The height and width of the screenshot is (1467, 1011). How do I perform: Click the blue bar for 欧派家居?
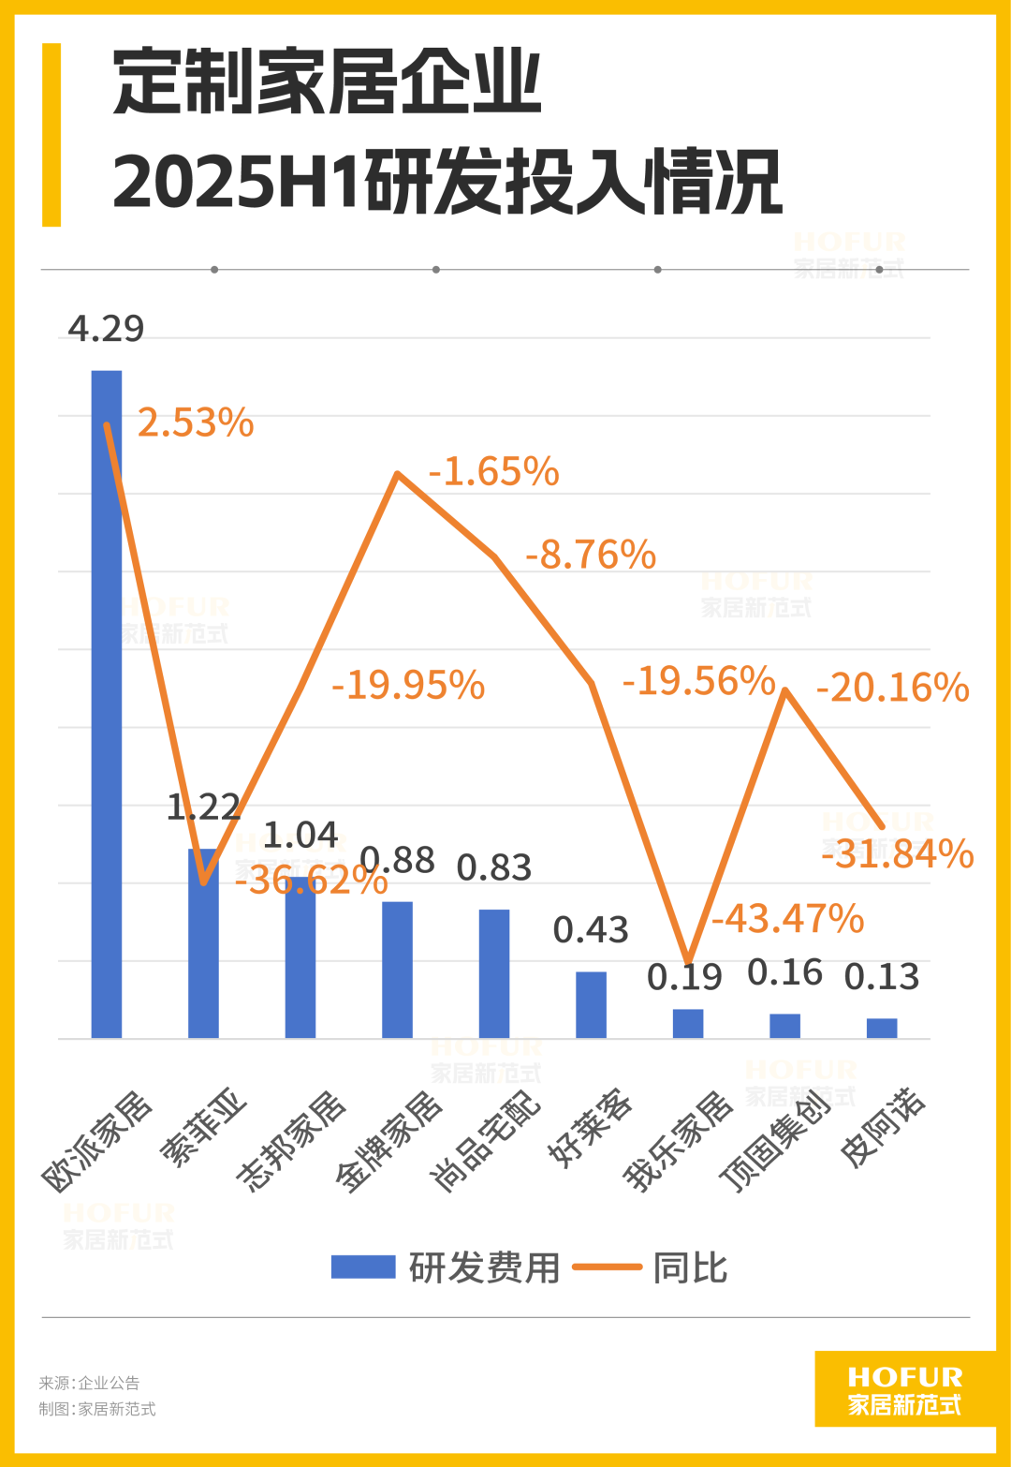coord(107,703)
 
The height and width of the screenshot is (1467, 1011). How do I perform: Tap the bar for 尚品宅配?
coord(494,974)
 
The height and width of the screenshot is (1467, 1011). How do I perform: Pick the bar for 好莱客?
coord(591,1004)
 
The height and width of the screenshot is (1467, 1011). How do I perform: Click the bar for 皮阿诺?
coord(882,1028)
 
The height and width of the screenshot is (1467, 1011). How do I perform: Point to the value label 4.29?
coord(106,329)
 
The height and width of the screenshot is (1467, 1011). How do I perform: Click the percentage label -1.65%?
coord(493,472)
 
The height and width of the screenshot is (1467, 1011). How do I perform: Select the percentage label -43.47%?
coord(787,919)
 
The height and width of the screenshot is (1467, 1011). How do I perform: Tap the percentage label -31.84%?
coord(897,854)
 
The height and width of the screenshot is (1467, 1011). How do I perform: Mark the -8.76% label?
coord(591,555)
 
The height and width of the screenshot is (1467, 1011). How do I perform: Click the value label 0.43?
coord(591,930)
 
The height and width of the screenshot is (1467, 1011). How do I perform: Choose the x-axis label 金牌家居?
coord(389,1141)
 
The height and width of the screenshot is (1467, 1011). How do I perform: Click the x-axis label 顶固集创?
coord(775,1141)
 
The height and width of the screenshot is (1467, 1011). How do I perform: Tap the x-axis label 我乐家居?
coord(679,1141)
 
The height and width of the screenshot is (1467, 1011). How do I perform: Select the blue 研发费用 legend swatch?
coord(363,1267)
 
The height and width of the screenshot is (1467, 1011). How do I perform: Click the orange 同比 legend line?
coord(607,1267)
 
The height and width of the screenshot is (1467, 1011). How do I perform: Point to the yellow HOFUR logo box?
coord(904,1389)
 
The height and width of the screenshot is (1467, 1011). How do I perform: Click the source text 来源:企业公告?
coord(89,1383)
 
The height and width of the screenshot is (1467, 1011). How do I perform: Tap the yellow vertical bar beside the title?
coord(51,135)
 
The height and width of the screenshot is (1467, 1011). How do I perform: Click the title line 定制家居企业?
coord(327,83)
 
